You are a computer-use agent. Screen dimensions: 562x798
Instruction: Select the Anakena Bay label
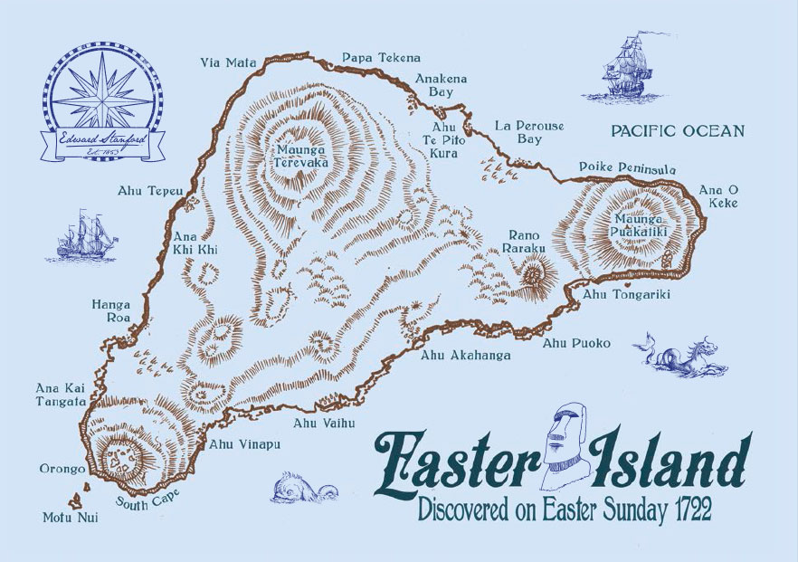click(x=442, y=85)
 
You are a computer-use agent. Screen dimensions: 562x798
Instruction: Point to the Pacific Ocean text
click(x=678, y=131)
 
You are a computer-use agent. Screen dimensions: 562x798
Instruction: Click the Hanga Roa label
click(x=110, y=311)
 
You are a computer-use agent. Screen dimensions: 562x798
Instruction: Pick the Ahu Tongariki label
click(x=626, y=293)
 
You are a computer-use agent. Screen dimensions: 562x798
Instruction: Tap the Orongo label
click(x=62, y=469)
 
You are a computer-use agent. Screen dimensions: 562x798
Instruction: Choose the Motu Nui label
click(x=70, y=518)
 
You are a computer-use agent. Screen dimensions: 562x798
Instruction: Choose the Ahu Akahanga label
click(x=465, y=356)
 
